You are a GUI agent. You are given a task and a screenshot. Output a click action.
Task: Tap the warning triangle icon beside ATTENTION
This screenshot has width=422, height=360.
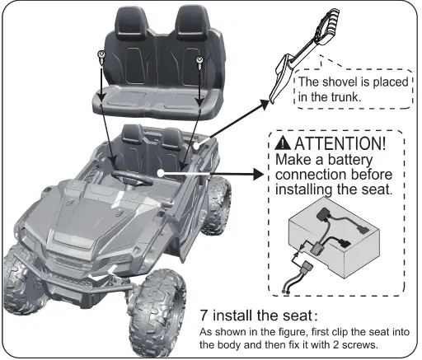click(x=284, y=145)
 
